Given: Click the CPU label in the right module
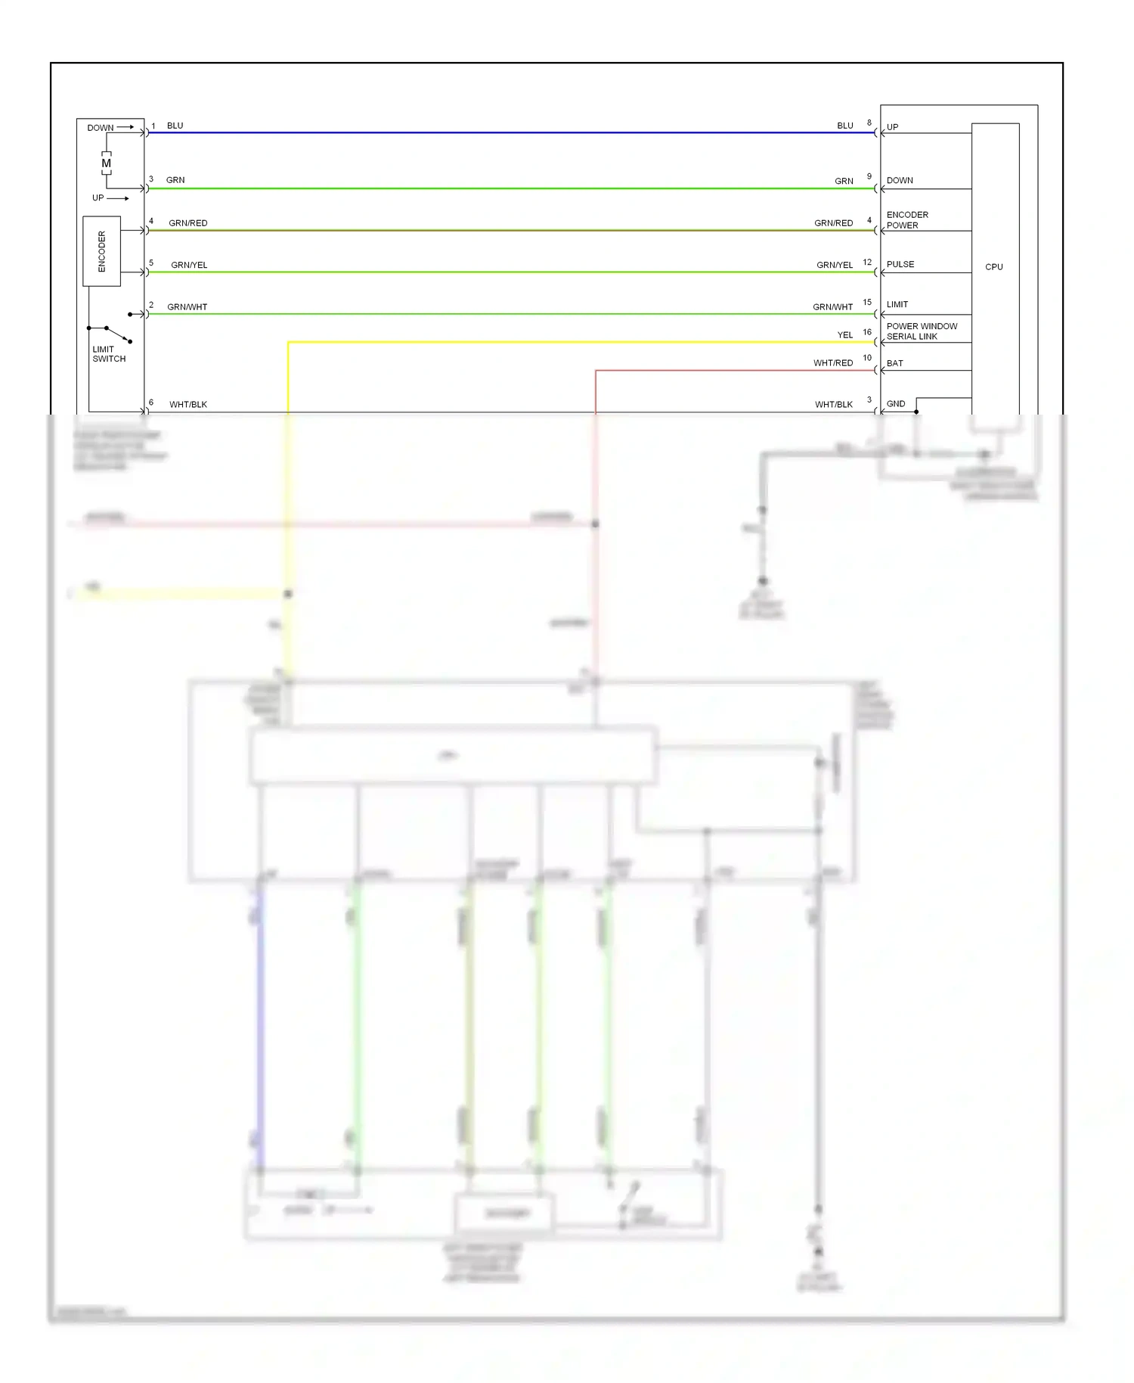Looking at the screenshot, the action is tap(993, 267).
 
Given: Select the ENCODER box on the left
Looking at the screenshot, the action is tap(101, 251).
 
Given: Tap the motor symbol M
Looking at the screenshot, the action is tap(106, 163).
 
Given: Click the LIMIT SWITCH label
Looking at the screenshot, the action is tap(109, 354).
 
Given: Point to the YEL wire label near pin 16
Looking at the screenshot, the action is tap(844, 335).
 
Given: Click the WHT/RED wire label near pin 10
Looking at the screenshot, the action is tap(832, 363).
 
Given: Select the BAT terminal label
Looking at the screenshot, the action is tap(894, 363).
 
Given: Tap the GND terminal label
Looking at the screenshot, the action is tap(895, 404).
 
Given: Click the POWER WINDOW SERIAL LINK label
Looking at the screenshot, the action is tap(922, 331).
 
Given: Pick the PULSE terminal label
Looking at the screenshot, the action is tap(900, 264).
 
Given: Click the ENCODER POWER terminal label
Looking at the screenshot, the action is tap(907, 220).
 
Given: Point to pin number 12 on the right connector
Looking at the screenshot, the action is tap(867, 263).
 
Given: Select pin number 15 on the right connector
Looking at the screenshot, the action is tap(867, 303).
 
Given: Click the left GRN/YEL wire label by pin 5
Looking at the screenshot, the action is tap(189, 265).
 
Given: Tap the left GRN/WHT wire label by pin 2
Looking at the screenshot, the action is tap(187, 307).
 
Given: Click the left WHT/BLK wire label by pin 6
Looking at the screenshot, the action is tap(187, 405).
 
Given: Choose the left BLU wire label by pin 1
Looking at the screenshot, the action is tap(175, 126).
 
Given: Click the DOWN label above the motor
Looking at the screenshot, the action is tap(100, 128).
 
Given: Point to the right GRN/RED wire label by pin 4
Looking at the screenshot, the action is tap(833, 223).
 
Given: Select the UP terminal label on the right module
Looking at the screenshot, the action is tap(892, 127).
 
